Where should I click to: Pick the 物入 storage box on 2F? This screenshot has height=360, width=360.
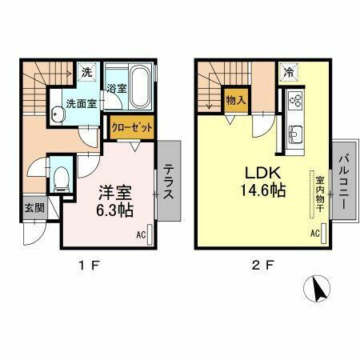tap(234, 100)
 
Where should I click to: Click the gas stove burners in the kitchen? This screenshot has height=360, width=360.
tap(293, 102)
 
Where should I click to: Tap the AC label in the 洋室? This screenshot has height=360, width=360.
tap(140, 235)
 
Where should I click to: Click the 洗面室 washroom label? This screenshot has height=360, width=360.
tap(79, 103)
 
